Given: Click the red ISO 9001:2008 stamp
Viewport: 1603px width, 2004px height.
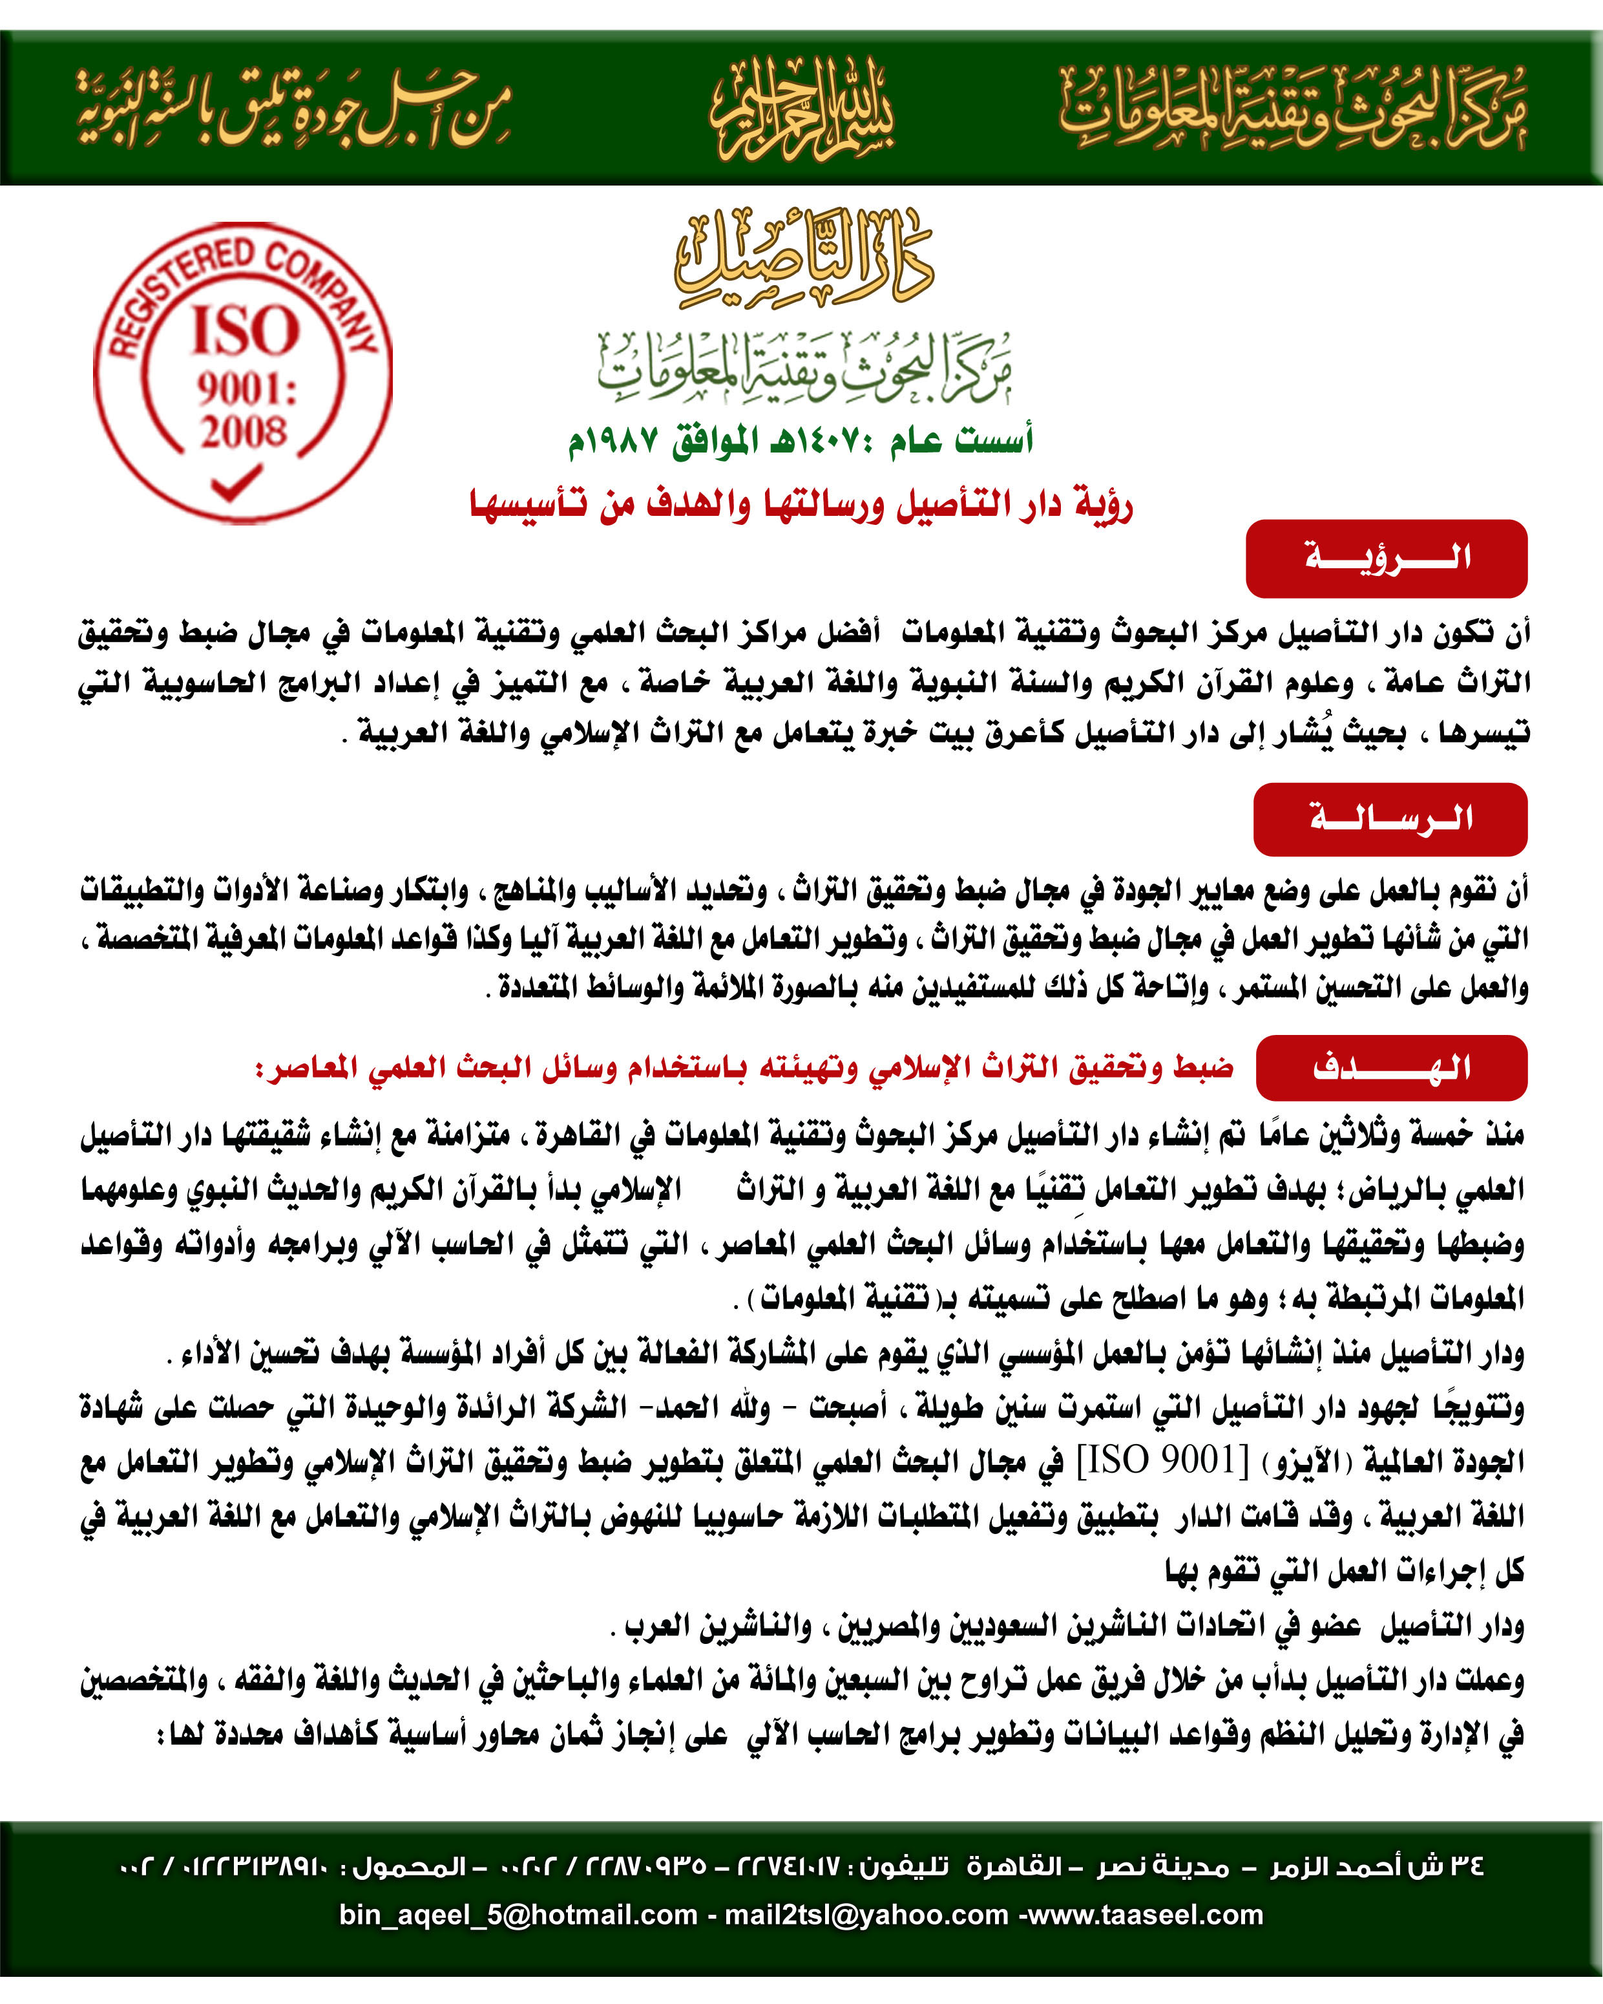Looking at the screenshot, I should click(x=244, y=372).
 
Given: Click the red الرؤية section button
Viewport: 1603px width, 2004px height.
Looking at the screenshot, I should click(x=1387, y=558).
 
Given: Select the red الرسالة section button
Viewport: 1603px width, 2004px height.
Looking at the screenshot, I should click(x=1390, y=819).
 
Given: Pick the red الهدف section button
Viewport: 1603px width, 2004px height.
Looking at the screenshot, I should click(x=1391, y=1068).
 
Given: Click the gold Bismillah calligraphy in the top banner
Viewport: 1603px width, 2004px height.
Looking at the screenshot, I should click(x=802, y=109).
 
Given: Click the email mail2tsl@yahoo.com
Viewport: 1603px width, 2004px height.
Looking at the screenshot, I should click(x=866, y=1915).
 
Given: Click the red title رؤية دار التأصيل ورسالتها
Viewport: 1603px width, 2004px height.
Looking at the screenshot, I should click(x=801, y=505).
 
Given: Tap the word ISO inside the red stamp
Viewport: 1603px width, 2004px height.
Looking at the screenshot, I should click(x=246, y=330).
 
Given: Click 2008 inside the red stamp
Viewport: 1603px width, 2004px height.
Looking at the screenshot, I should click(x=244, y=431).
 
